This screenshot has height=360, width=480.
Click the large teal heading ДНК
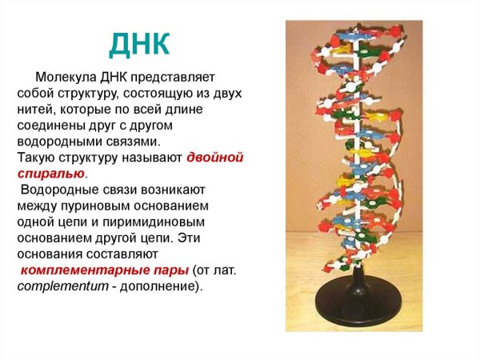pos(140,44)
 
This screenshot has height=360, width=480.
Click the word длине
pos(215,110)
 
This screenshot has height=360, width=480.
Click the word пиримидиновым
pos(161,222)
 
